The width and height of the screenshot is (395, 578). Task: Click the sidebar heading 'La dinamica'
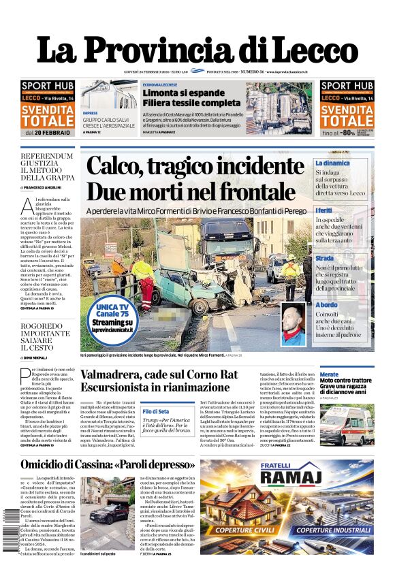click(332, 163)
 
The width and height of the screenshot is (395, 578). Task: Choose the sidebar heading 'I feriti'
click(324, 210)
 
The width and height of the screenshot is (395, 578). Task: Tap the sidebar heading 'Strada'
click(325, 259)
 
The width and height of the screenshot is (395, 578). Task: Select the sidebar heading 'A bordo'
click(326, 304)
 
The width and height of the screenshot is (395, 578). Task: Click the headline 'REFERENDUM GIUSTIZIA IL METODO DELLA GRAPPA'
click(47, 168)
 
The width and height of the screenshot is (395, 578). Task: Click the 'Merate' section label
click(329, 374)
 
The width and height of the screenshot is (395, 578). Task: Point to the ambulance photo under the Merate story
click(346, 425)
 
